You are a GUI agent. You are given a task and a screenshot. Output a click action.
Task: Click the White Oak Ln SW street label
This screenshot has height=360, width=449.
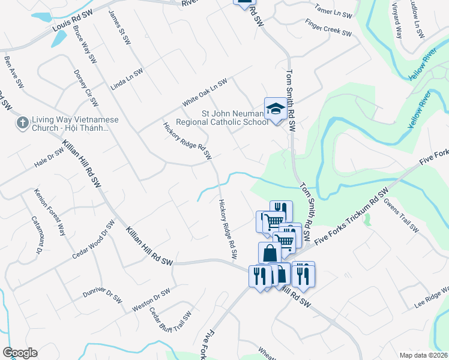[205, 89]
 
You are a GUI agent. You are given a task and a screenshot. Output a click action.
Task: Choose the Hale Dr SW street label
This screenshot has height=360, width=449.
[49, 158]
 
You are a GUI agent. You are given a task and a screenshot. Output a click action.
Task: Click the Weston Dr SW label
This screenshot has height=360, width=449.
[151, 300]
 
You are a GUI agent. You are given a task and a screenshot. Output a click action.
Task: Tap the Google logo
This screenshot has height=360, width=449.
[20, 353]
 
